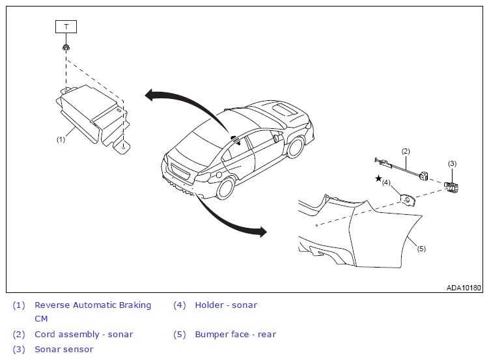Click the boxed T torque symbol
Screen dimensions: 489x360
tap(66, 27)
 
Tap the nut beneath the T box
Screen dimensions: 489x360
tap(66, 48)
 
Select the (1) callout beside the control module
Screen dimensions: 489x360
tap(61, 139)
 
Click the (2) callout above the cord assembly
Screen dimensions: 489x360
tap(406, 151)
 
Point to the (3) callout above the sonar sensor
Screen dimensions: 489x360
tap(452, 163)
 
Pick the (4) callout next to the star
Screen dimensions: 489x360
tap(386, 182)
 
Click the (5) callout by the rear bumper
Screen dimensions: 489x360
tap(421, 249)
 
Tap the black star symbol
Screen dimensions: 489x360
tap(378, 178)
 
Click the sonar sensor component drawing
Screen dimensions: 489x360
tap(451, 187)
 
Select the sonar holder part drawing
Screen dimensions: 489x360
tap(408, 200)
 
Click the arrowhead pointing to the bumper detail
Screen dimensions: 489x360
tap(262, 232)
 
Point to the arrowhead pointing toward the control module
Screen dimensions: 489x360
tap(149, 95)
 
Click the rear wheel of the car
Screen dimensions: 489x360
tap(225, 188)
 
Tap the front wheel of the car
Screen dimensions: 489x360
tap(295, 147)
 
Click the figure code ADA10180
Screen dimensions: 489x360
tap(464, 287)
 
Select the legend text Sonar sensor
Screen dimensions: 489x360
tap(64, 350)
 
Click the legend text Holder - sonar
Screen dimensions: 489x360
tap(226, 305)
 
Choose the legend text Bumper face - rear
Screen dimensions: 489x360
tap(236, 334)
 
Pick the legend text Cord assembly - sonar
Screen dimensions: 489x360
tap(84, 335)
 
